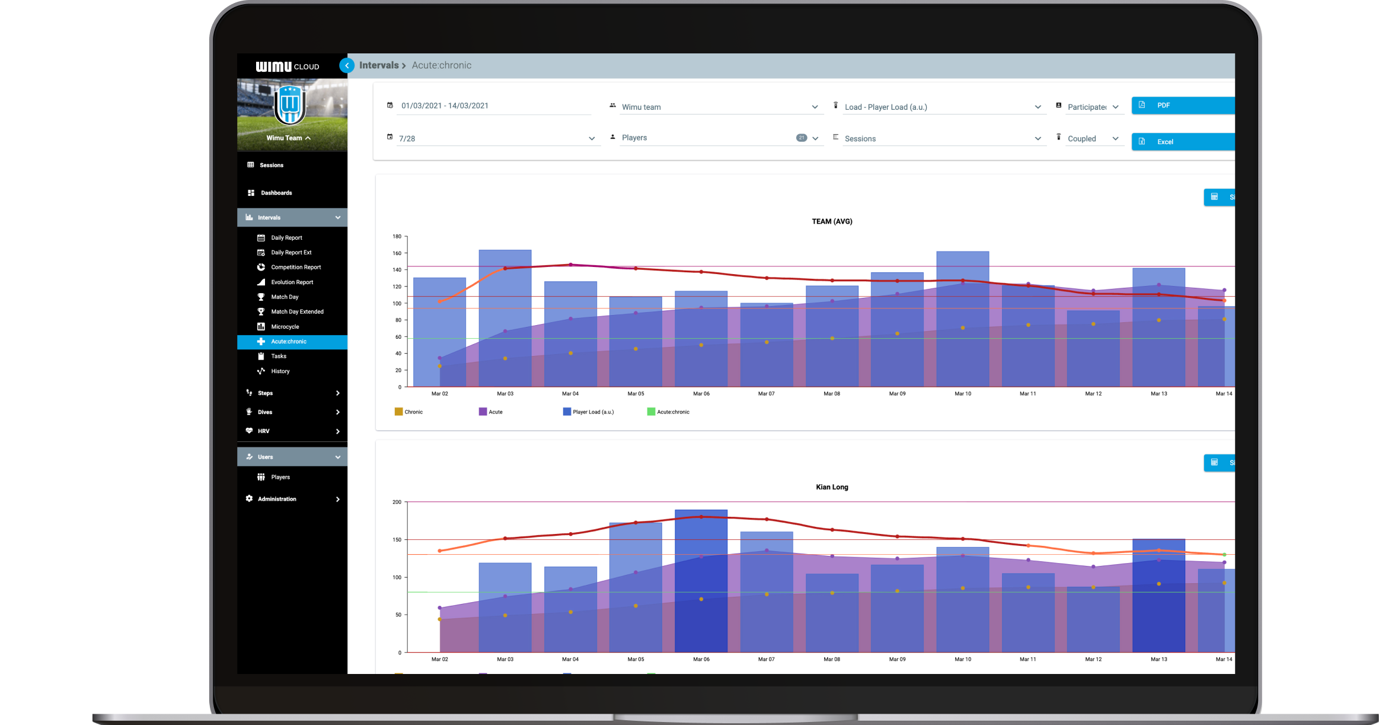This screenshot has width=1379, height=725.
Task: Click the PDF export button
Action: point(1182,106)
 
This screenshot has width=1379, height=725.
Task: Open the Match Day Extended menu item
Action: point(297,312)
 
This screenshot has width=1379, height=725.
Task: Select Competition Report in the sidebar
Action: point(295,268)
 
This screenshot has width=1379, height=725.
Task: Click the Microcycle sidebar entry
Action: point(285,327)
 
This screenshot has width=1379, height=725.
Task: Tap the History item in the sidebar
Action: point(280,371)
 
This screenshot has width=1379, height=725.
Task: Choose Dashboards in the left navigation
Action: point(276,193)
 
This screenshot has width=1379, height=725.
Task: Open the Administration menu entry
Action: point(277,499)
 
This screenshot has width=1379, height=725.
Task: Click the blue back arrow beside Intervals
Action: point(347,66)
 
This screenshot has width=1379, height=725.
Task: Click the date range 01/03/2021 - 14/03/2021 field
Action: point(445,106)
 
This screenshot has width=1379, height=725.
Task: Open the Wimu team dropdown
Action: point(717,107)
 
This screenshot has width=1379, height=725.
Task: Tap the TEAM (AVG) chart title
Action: point(832,222)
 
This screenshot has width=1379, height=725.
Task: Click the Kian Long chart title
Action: point(832,487)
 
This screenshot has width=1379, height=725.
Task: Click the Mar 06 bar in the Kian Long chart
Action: point(701,581)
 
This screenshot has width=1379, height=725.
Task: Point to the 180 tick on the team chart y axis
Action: point(397,237)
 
